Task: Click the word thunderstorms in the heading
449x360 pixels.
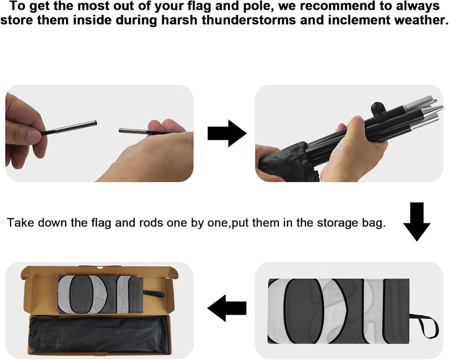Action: tap(248, 20)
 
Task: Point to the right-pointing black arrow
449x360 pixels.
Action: tap(227, 133)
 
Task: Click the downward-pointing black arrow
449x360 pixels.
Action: tap(416, 222)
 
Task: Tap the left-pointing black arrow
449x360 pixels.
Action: tap(227, 308)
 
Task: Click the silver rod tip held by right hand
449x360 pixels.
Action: tap(133, 131)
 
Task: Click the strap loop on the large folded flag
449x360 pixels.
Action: tap(424, 326)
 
